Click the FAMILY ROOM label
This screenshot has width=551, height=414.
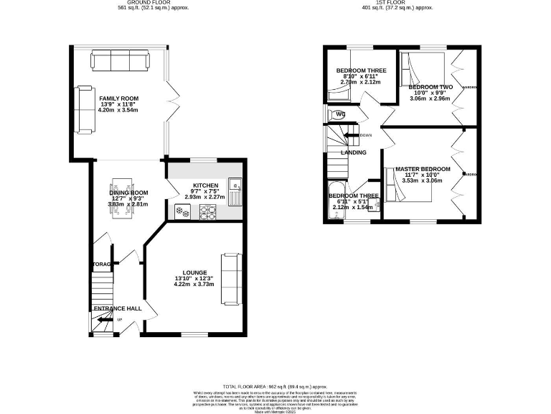[x=119, y=98]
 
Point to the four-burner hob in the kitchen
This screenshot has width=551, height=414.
[x=207, y=211]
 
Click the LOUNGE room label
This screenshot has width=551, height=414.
[x=194, y=272]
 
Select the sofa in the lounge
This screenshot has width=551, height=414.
[x=231, y=279]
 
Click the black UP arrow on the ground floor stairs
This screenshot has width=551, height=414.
[x=103, y=321]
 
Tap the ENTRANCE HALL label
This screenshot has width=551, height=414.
[x=116, y=309]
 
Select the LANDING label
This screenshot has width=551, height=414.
[x=353, y=152]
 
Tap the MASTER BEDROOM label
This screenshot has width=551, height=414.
[x=423, y=169]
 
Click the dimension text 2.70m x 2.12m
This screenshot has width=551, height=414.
[x=362, y=83]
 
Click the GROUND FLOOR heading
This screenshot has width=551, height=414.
[x=139, y=4]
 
